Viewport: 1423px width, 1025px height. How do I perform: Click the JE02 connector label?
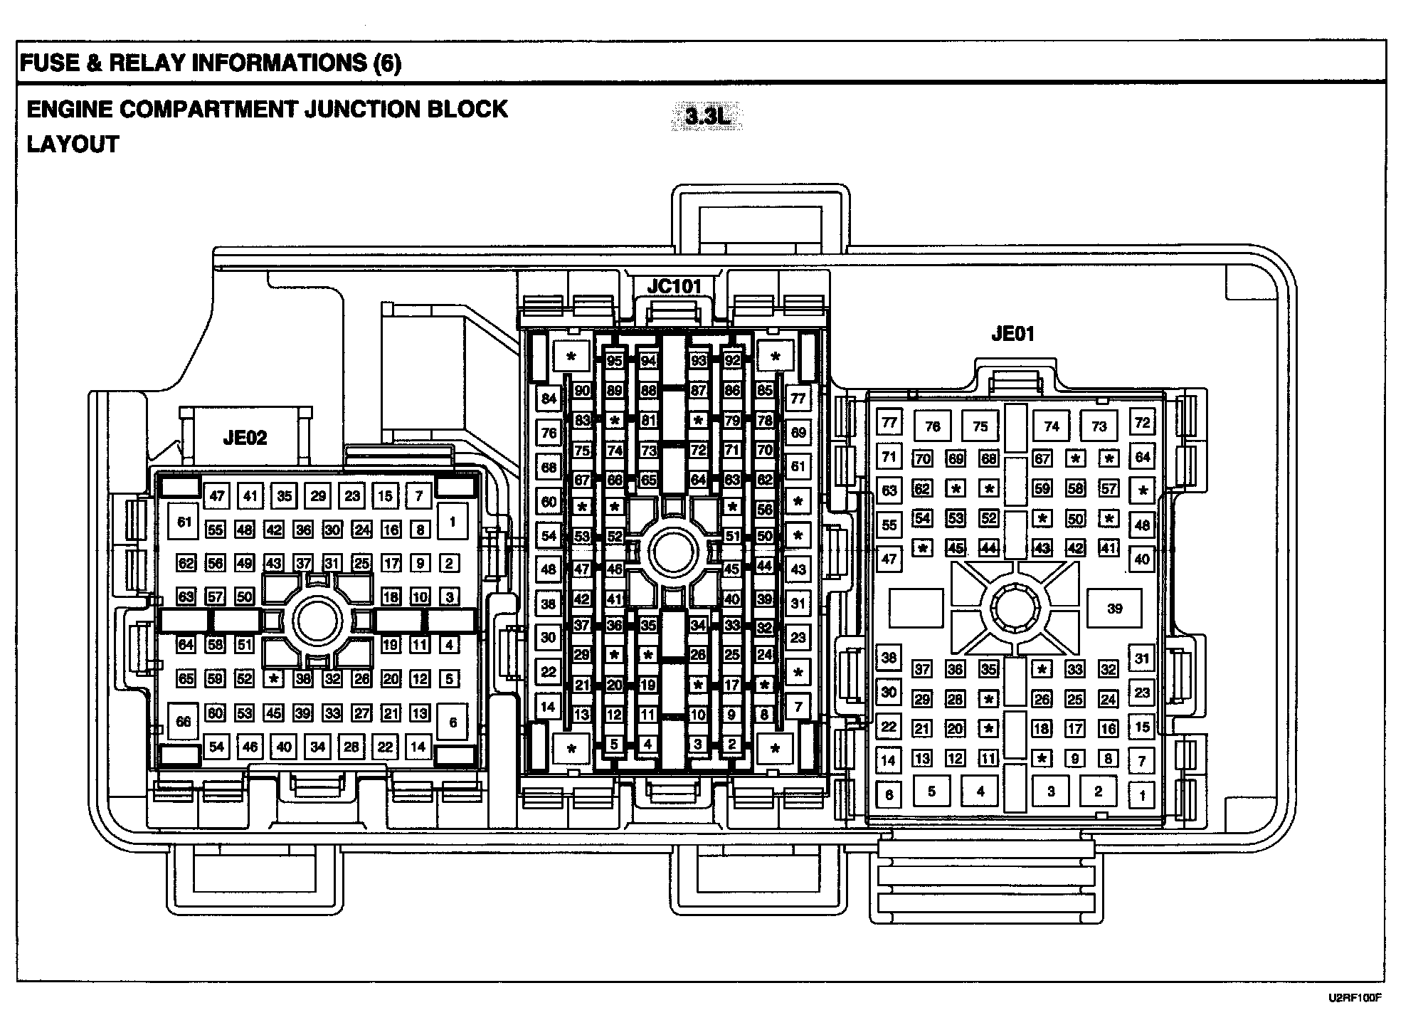click(245, 437)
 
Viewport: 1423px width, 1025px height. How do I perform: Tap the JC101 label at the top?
click(673, 286)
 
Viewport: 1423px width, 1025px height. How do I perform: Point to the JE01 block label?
click(1012, 333)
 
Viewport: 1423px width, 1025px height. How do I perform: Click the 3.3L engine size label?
click(707, 117)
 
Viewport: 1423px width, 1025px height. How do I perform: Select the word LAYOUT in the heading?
click(73, 144)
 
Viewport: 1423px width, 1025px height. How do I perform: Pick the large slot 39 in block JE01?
click(1114, 608)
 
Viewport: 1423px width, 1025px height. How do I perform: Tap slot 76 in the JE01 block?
click(933, 426)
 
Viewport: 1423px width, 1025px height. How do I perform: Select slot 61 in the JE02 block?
click(185, 522)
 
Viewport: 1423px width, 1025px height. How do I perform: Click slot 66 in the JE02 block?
click(184, 722)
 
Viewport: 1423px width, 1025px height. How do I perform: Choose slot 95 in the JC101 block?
click(613, 361)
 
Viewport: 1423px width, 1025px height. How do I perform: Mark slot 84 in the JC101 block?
click(549, 399)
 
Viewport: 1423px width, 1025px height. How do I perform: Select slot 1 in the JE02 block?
click(452, 522)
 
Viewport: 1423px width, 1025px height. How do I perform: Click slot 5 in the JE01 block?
click(931, 791)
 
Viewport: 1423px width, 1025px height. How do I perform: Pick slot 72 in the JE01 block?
click(1141, 422)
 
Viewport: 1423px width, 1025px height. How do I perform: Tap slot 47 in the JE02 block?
click(217, 495)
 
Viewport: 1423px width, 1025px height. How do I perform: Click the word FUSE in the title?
click(49, 63)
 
